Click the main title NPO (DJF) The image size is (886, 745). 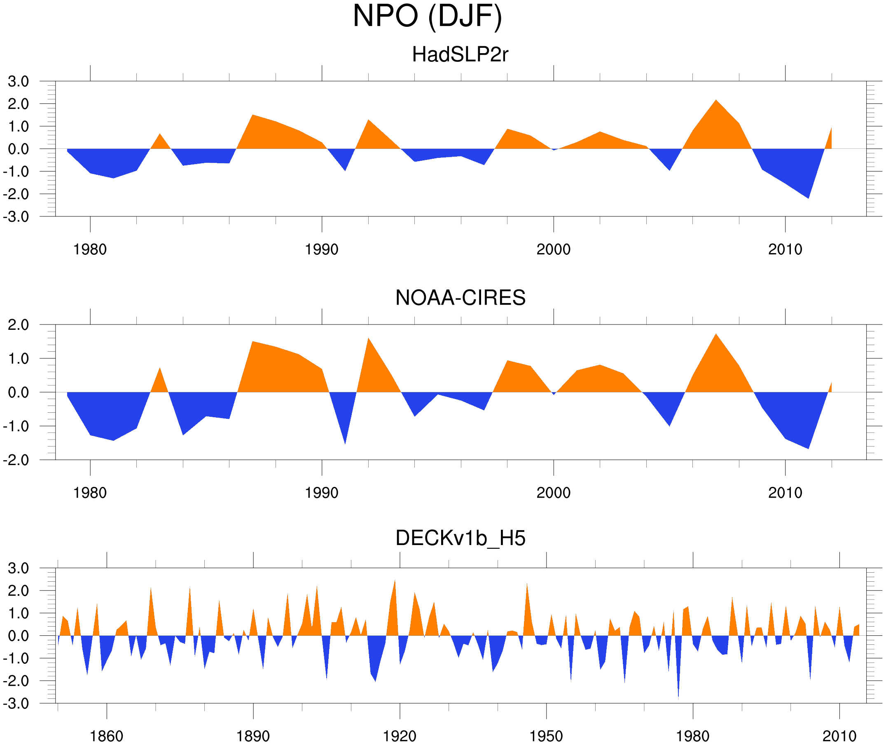(427, 16)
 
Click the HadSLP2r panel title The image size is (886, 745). (460, 54)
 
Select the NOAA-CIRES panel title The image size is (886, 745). (460, 298)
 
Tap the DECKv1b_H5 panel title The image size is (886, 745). (460, 538)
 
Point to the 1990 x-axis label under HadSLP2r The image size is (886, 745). (322, 249)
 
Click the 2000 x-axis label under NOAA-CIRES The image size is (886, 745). (553, 493)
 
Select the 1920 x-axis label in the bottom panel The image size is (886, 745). (399, 736)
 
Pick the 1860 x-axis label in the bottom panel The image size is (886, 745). (106, 736)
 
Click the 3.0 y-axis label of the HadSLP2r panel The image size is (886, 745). (18, 82)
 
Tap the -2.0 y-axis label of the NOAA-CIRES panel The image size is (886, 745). (16, 460)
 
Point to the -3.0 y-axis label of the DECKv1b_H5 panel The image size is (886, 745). (16, 704)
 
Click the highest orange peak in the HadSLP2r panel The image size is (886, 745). (716, 101)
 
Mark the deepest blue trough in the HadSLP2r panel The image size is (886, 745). (809, 197)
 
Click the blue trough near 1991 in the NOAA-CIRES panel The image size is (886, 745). (345, 442)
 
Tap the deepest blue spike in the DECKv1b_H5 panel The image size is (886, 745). (678, 697)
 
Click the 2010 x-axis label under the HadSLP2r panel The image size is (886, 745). (785, 249)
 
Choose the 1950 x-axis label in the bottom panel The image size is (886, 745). (546, 736)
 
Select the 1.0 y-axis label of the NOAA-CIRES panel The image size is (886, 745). (18, 359)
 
